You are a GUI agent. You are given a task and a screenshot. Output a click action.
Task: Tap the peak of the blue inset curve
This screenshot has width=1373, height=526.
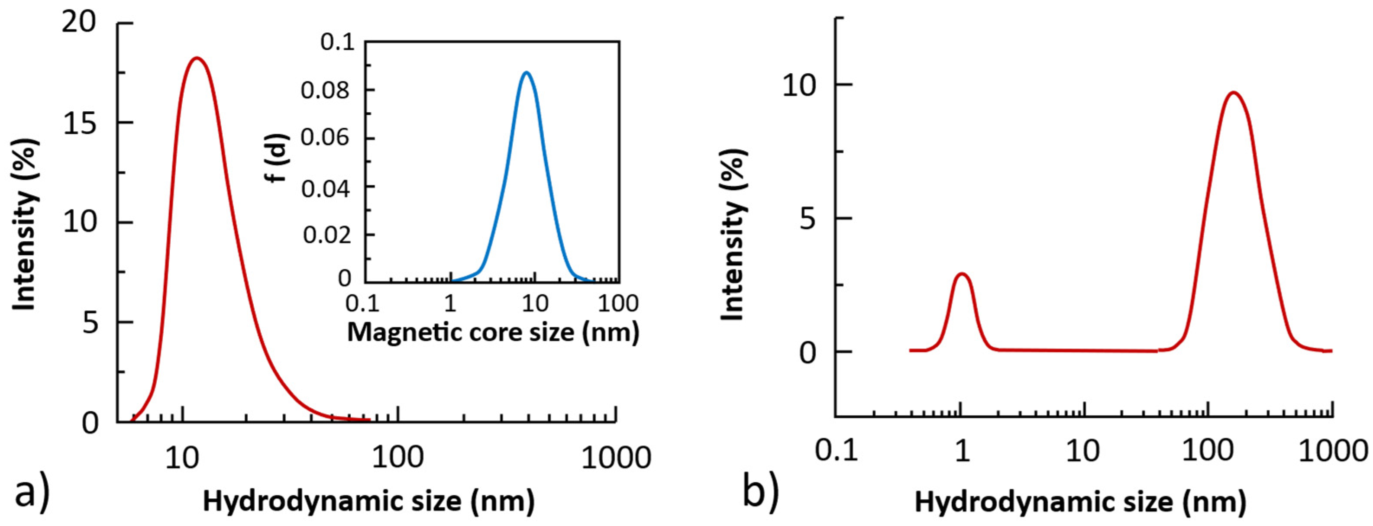[x=527, y=72]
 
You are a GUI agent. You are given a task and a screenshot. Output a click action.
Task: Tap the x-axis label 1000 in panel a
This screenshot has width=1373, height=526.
[x=616, y=457]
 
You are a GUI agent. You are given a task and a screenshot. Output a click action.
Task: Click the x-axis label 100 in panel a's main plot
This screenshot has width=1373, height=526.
[x=397, y=457]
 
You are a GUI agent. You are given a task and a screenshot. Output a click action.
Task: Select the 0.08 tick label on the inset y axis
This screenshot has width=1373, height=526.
[x=326, y=90]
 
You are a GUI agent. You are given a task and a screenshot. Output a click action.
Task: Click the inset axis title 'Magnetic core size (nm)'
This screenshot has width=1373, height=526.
[x=493, y=332]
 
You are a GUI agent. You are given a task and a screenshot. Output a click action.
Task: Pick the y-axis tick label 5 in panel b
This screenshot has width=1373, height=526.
[x=808, y=219]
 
